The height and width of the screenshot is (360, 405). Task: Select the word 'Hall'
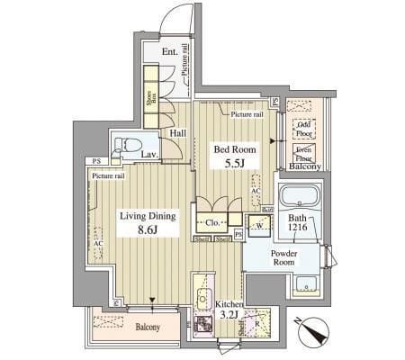178,133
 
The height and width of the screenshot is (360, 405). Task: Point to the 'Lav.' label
150,155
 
